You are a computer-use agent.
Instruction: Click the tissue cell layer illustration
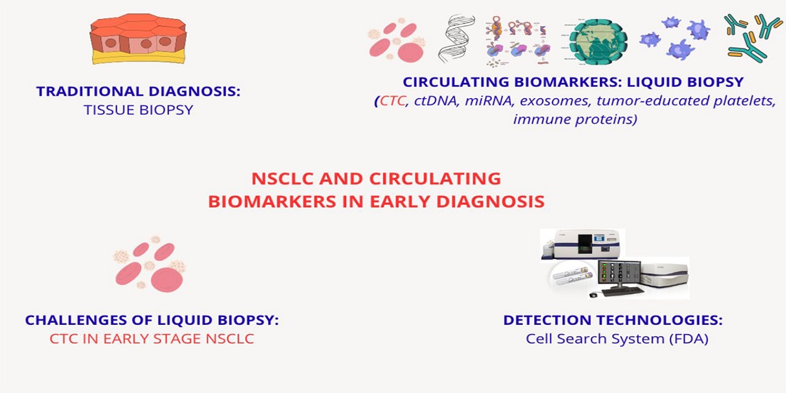point(138,39)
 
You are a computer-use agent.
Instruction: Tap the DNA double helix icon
point(457,38)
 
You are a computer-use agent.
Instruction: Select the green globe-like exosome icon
point(598,39)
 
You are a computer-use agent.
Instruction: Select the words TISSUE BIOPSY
point(138,110)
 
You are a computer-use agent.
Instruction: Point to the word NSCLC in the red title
point(279,178)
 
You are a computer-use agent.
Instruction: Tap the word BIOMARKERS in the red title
point(264,201)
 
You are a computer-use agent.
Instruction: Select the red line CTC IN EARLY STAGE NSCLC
point(152,339)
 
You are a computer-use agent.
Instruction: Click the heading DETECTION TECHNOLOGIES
point(613,320)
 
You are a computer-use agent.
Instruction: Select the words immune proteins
point(575,120)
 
